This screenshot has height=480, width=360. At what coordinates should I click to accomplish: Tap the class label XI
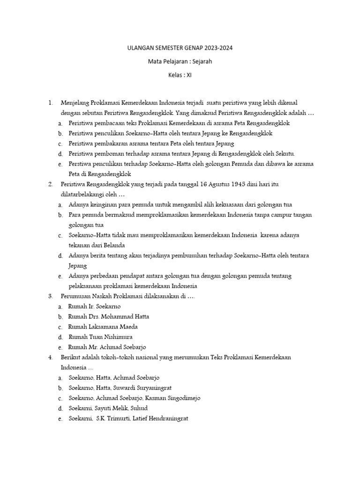(189, 74)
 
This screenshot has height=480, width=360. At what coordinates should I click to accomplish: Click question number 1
(51, 103)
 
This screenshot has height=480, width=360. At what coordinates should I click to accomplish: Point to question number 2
(51, 184)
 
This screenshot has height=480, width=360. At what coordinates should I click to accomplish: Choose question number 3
(51, 296)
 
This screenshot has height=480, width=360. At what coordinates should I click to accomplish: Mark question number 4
(51, 357)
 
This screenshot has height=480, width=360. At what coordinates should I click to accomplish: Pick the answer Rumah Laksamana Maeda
(103, 327)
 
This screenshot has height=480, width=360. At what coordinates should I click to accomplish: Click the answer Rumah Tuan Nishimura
(100, 337)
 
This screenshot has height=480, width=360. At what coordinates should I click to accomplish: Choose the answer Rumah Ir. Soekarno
(94, 307)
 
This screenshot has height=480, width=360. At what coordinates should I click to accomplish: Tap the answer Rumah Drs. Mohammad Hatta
(108, 317)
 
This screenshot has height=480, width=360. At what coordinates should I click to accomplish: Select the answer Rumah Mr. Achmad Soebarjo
(107, 347)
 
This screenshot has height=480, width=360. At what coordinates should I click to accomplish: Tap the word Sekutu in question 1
(285, 154)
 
